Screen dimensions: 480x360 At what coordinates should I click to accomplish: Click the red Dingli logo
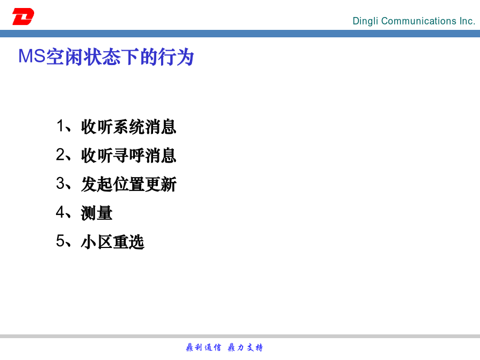tap(23, 17)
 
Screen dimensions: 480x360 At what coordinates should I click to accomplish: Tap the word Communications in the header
tap(419, 21)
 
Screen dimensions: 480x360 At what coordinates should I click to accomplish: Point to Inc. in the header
tap(467, 21)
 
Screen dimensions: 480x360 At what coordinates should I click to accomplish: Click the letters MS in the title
tap(32, 57)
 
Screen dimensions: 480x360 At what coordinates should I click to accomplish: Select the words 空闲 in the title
tap(65, 57)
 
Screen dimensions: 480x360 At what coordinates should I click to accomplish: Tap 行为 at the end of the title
tap(175, 57)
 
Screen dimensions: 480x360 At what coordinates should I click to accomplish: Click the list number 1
tap(60, 126)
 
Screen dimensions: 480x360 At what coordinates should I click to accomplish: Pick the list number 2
tap(60, 154)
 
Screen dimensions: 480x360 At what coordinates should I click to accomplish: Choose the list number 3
tap(60, 183)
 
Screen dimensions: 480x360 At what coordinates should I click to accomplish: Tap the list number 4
tap(60, 212)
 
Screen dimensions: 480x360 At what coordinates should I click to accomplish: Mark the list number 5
tap(60, 241)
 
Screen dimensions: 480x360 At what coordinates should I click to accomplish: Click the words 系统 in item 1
tap(129, 126)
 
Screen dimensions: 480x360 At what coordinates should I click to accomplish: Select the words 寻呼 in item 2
tap(129, 155)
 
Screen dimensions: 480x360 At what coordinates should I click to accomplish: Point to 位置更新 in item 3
tap(145, 184)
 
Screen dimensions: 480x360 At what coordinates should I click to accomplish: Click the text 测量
tap(97, 213)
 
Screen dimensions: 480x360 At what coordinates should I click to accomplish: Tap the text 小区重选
tap(113, 242)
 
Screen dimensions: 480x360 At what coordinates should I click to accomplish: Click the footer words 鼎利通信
tap(203, 347)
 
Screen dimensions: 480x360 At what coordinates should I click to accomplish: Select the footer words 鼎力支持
tap(245, 347)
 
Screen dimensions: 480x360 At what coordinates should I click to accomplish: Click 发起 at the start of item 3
tap(97, 184)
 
